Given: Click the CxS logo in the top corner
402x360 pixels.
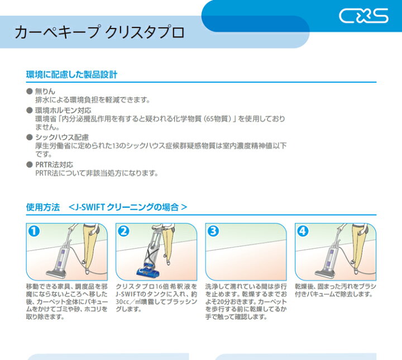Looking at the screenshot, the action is coord(363,16).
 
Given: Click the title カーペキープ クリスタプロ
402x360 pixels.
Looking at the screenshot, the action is coord(99,32).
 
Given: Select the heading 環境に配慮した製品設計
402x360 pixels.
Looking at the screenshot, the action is coord(71,74).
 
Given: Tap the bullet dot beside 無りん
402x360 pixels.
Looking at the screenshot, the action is coord(30,91).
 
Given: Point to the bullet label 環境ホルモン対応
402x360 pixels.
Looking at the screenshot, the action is coord(63,111).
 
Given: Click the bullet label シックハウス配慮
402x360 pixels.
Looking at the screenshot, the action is coord(62,138).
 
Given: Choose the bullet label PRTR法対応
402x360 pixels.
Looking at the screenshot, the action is coord(54,164).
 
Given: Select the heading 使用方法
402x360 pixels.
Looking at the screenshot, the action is coord(43,207).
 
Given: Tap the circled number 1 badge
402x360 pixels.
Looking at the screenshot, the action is coord(34,231).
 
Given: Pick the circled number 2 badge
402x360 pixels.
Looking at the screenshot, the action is coord(123,231).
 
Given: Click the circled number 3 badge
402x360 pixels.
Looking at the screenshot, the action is coord(213,231).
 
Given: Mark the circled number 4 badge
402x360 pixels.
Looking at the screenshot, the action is coord(303,231).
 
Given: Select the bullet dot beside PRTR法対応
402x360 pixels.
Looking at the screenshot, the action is coord(30,164).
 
